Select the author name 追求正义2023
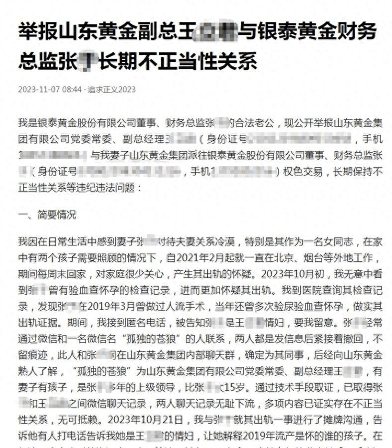coord(112,90)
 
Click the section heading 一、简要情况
coord(47,215)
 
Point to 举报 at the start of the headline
coord(38,32)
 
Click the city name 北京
coord(273,259)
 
